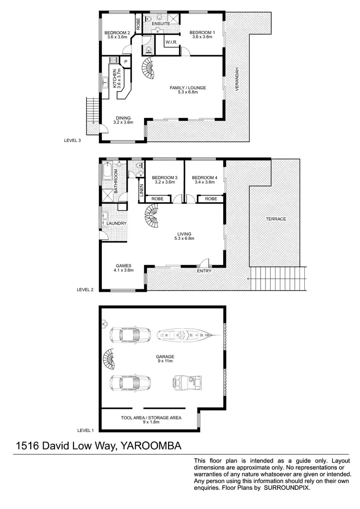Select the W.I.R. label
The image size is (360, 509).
tap(172, 43)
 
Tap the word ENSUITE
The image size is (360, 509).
tap(162, 24)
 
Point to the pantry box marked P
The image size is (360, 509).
tap(125, 62)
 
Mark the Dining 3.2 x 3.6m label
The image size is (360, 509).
tap(123, 120)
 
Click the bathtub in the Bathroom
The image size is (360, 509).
tap(107, 171)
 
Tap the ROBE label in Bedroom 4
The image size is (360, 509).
tap(211, 199)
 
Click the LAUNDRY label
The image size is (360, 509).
tap(117, 224)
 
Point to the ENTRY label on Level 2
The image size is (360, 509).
tap(204, 272)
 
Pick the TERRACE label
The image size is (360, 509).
tap(276, 219)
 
